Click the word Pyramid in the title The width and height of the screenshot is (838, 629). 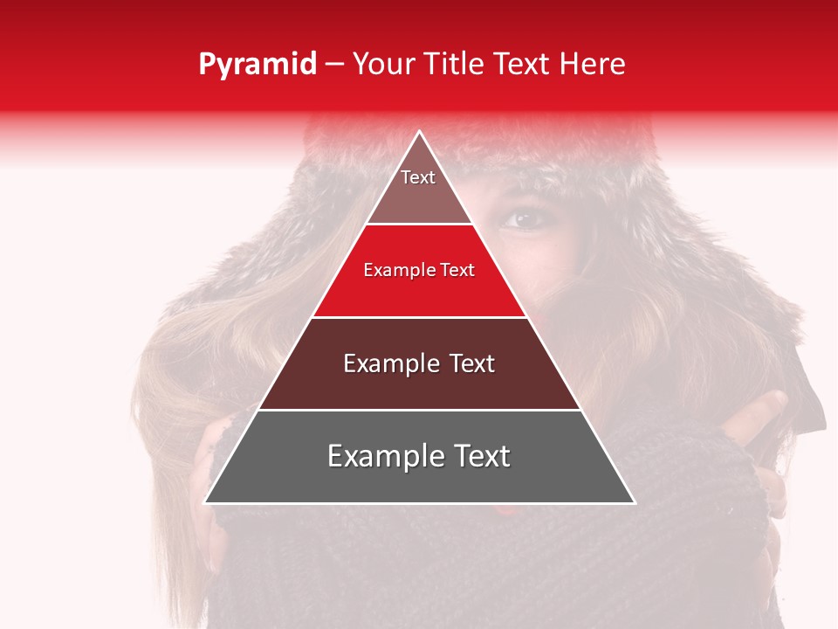(x=258, y=65)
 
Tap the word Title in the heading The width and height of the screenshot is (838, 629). (x=455, y=65)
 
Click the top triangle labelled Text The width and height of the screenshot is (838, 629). (x=418, y=188)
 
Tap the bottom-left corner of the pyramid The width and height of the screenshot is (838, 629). (x=206, y=502)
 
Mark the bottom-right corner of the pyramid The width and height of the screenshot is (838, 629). (x=634, y=502)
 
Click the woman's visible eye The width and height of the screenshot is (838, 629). (x=525, y=218)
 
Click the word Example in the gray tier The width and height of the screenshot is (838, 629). (x=381, y=456)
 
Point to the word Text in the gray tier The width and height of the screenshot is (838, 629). (x=479, y=456)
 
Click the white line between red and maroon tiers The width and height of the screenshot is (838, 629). (x=419, y=317)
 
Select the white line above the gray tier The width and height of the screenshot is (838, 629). (x=419, y=410)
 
